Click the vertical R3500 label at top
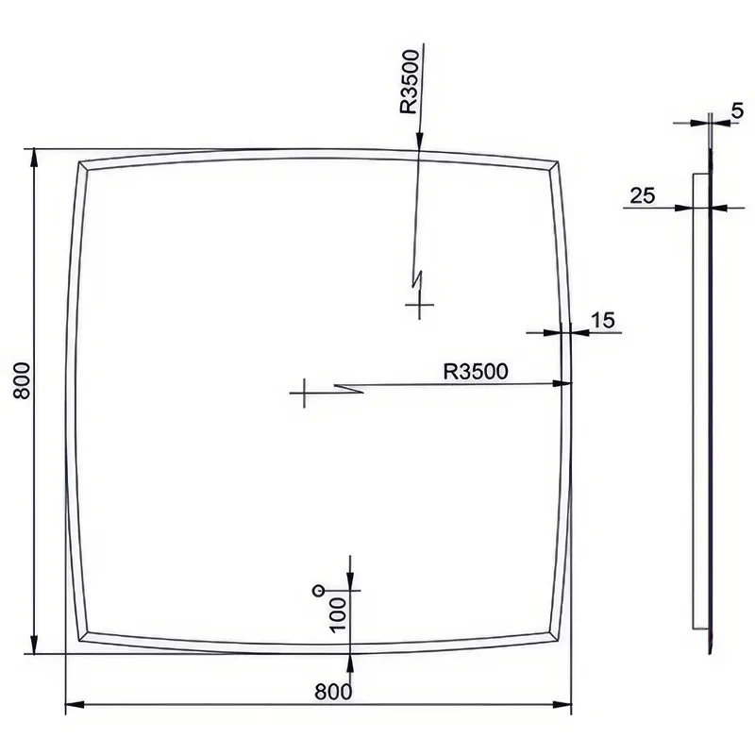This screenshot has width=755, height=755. (x=410, y=82)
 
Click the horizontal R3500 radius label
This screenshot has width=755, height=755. (x=476, y=372)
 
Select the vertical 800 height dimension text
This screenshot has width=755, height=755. (x=23, y=380)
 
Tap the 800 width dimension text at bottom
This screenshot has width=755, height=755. (x=333, y=692)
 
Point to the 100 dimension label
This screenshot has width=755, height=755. (x=338, y=614)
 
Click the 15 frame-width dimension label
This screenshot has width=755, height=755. (x=603, y=320)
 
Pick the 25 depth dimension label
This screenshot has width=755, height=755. (x=643, y=195)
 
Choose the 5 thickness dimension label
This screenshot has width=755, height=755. (x=737, y=110)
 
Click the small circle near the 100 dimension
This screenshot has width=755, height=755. (x=318, y=590)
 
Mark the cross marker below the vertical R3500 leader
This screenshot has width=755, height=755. (x=419, y=304)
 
